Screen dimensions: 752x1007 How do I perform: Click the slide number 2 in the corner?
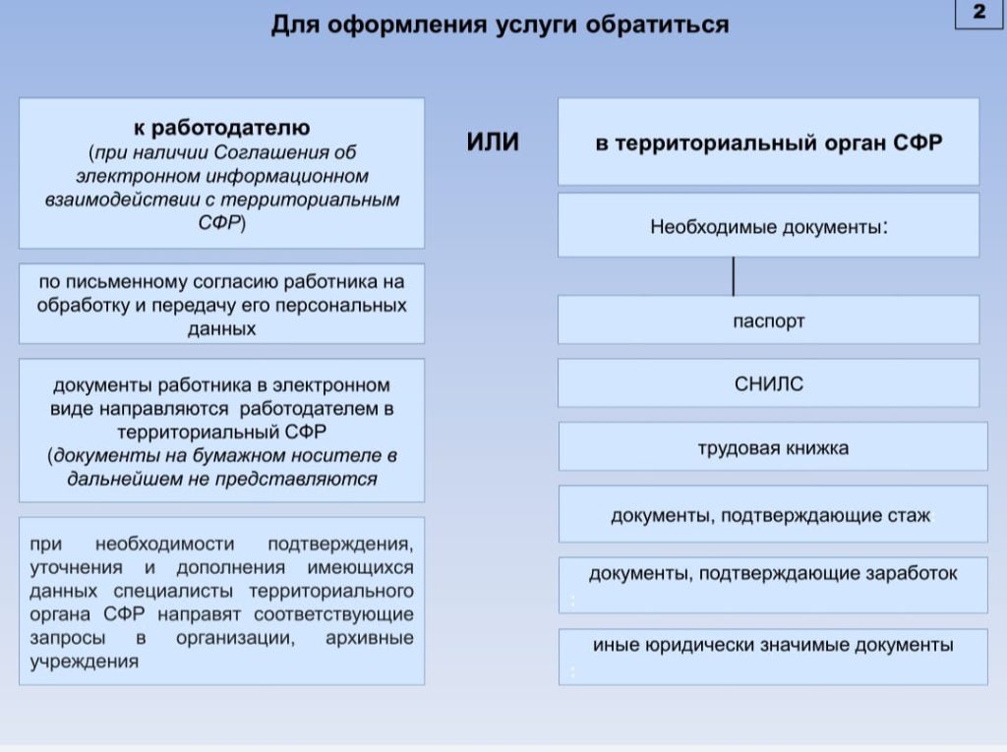pos(978,13)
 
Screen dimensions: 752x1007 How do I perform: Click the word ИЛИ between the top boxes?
pos(492,144)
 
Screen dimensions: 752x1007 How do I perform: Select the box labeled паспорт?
pos(768,320)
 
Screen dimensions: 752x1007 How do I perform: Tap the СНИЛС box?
pos(768,383)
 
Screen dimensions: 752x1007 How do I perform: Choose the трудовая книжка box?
pos(773,448)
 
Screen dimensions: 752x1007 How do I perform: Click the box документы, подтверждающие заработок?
pos(773,573)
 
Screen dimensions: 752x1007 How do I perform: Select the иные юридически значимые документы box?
pos(773,646)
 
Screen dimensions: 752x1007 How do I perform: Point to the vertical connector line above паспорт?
pos(733,276)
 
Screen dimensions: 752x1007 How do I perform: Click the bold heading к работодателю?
pos(222,128)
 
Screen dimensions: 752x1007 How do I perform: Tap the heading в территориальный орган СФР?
pos(768,144)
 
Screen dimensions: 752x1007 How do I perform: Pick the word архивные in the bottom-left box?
pos(370,638)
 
